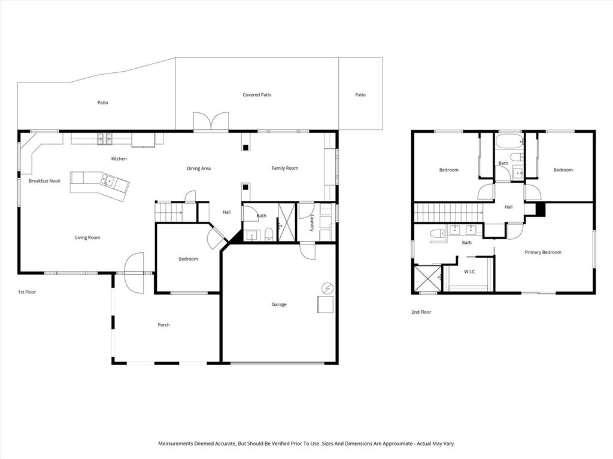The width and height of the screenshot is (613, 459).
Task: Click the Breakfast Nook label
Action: point(44,180)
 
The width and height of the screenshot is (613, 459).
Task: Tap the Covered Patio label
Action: point(257,94)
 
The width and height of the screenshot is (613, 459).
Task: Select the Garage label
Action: point(279,304)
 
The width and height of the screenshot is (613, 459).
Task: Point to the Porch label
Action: point(163,325)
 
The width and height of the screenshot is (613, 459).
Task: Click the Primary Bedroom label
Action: point(543,252)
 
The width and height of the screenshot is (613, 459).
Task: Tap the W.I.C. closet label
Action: point(470,272)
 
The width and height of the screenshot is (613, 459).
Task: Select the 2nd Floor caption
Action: point(421,312)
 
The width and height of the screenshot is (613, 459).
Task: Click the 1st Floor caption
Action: point(27,292)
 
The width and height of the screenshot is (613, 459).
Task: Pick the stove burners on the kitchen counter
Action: point(105,138)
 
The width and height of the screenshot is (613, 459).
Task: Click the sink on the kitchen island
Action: point(108,179)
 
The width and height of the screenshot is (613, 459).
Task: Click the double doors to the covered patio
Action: point(211,121)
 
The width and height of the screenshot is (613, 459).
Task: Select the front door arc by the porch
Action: point(134,273)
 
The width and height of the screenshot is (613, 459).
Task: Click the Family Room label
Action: point(284,168)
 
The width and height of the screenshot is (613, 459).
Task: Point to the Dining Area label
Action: point(198,169)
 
